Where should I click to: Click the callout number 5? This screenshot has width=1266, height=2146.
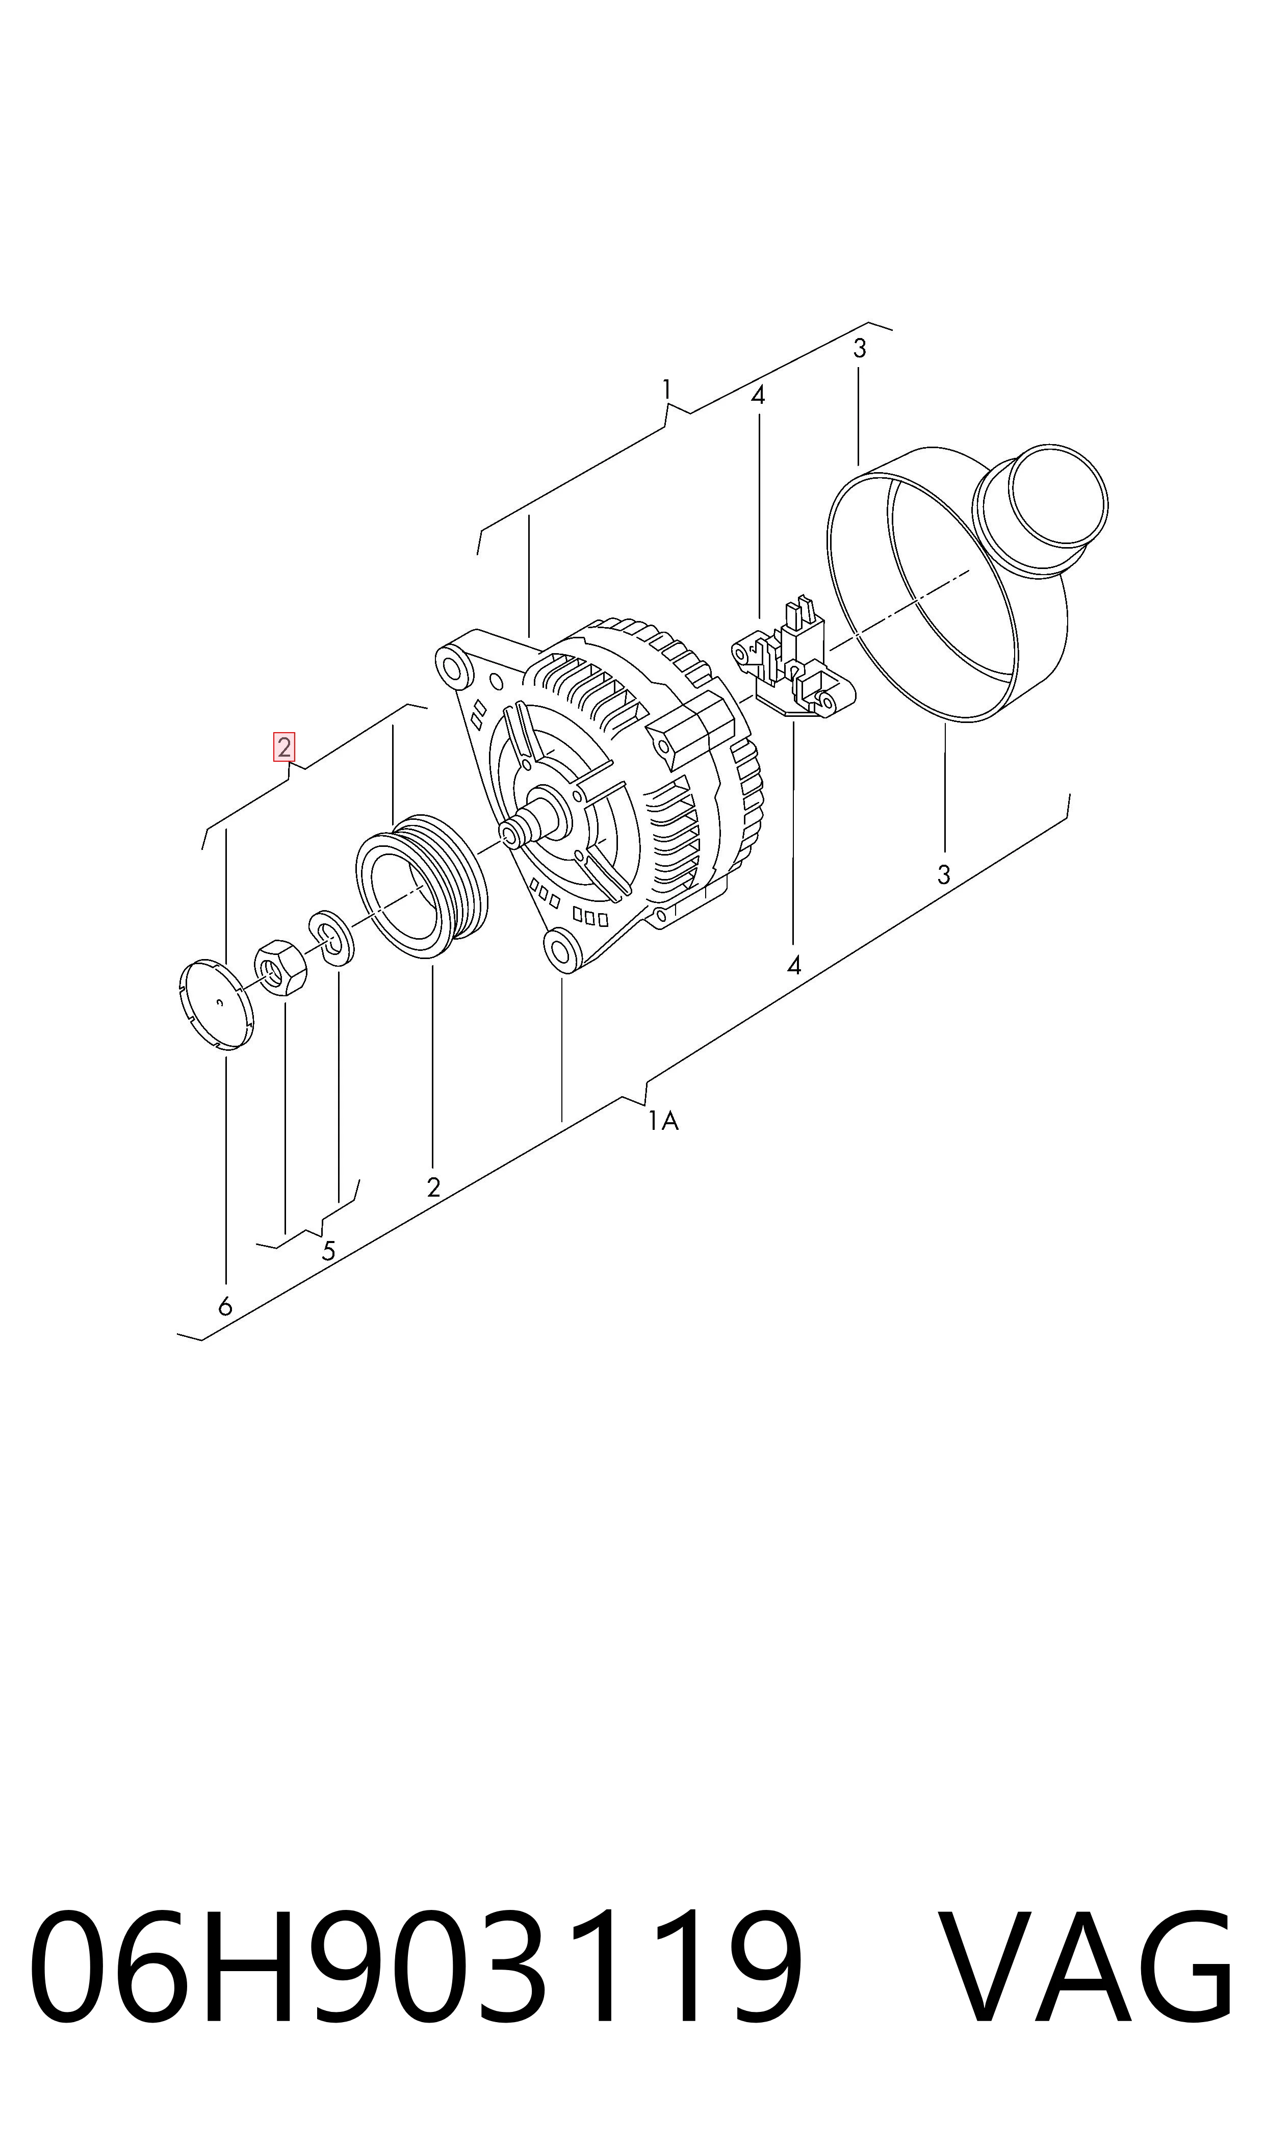(x=328, y=1250)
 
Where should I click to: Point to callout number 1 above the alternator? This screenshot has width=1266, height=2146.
(x=666, y=390)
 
